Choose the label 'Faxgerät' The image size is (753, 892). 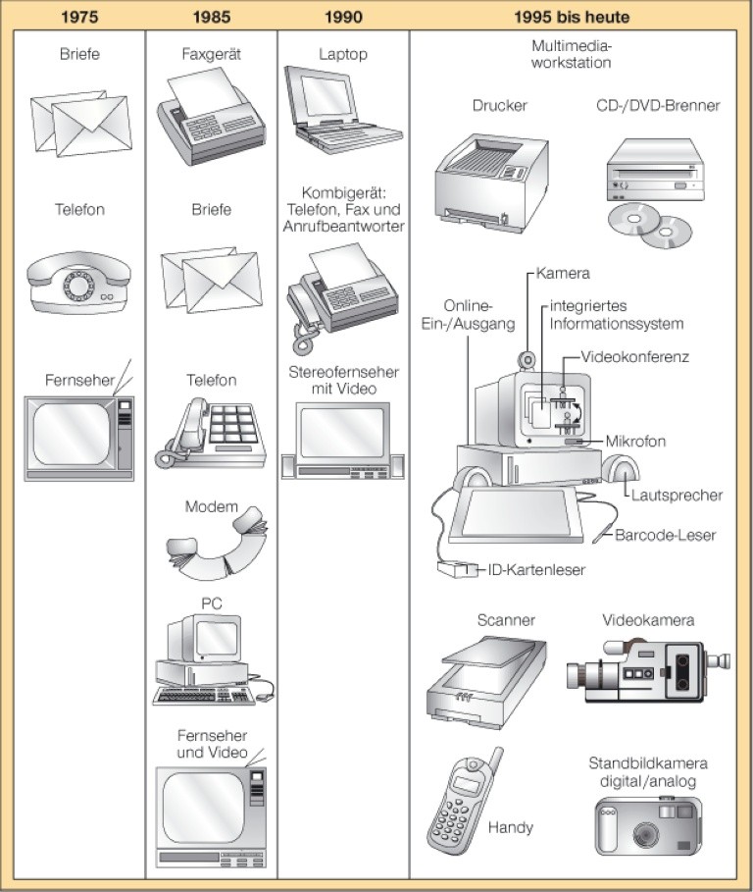pyautogui.click(x=211, y=55)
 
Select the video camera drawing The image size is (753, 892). pyautogui.click(x=647, y=669)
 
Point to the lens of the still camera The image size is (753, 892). pyautogui.click(x=644, y=833)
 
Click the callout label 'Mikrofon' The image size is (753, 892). pyautogui.click(x=635, y=442)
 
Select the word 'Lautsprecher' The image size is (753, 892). pyautogui.click(x=677, y=496)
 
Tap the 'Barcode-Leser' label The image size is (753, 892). pyautogui.click(x=666, y=536)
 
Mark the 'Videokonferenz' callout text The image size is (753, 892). pyautogui.click(x=635, y=356)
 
